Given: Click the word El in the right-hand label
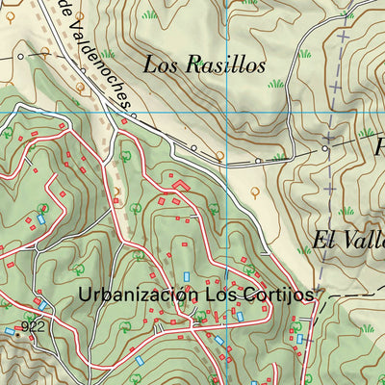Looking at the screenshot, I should coord(324,240).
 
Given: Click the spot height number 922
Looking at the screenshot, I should coord(35,327).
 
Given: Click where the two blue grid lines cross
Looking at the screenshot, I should coord(227,113).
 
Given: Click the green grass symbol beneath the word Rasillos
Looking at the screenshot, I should coord(277,85).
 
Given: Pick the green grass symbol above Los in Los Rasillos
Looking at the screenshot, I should coord(149,14).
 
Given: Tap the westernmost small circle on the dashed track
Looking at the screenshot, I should coord(19,57).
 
